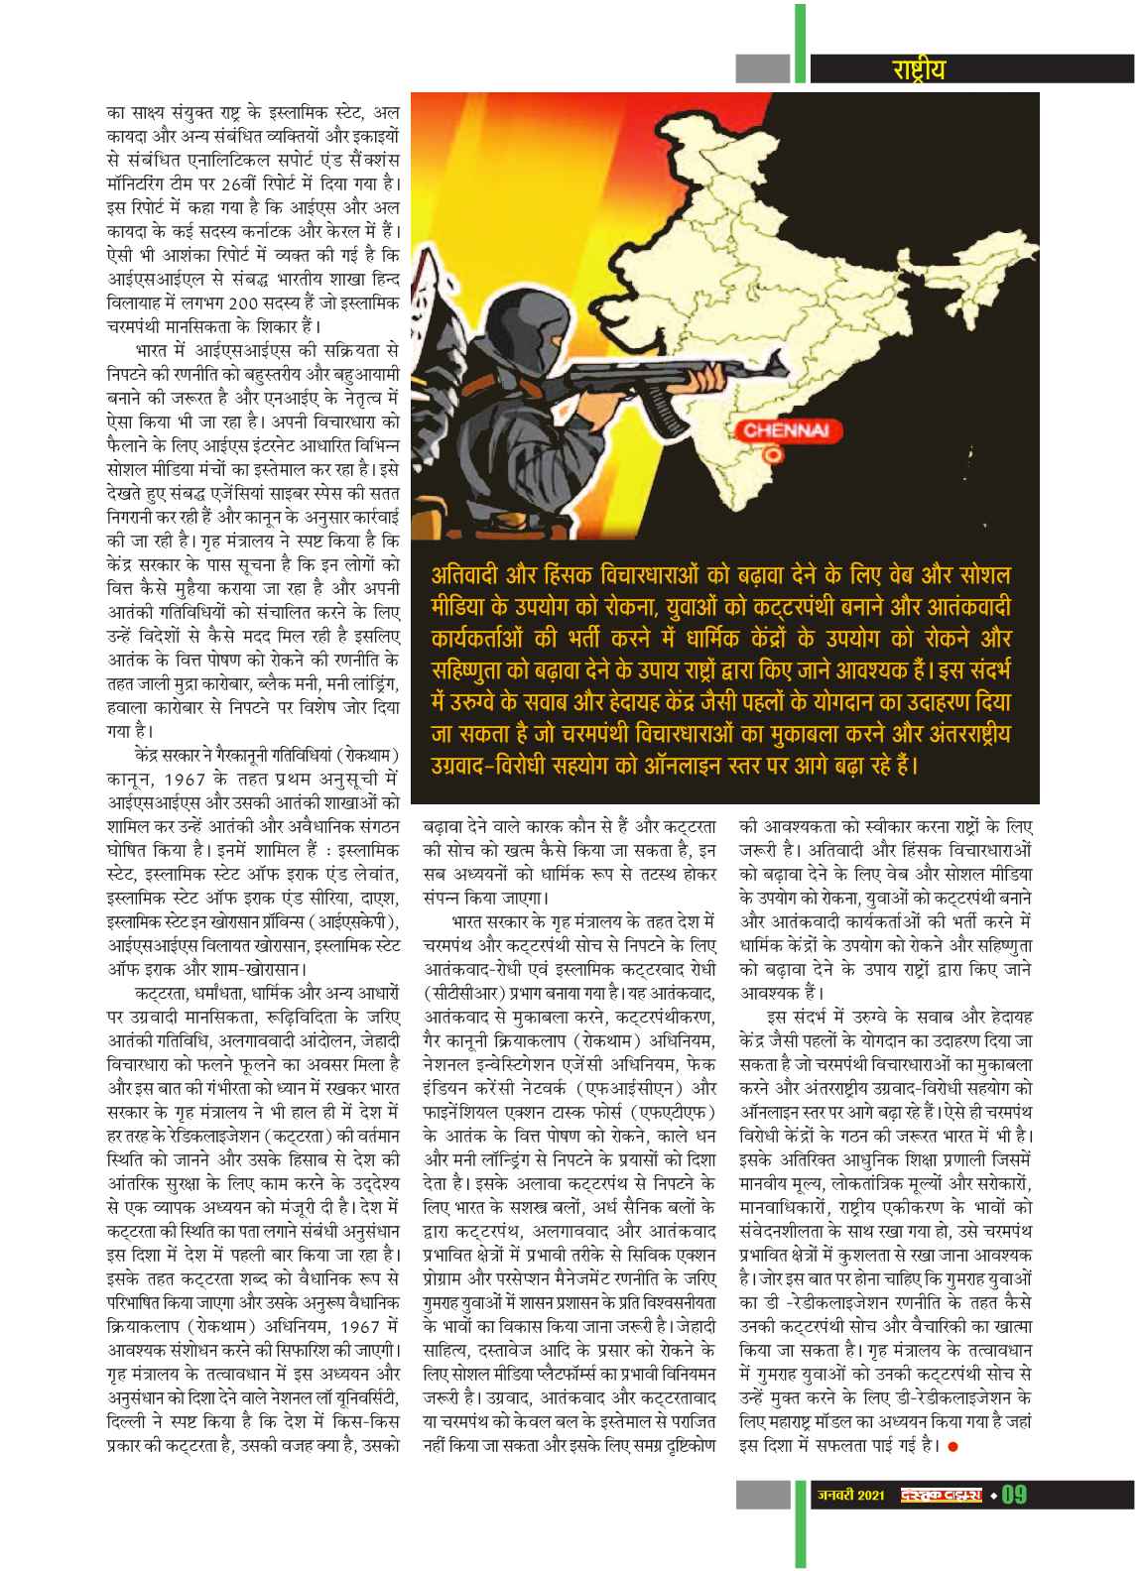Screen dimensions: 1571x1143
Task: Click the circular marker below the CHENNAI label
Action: tap(768, 455)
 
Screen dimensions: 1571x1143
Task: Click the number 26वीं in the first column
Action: tap(241, 184)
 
